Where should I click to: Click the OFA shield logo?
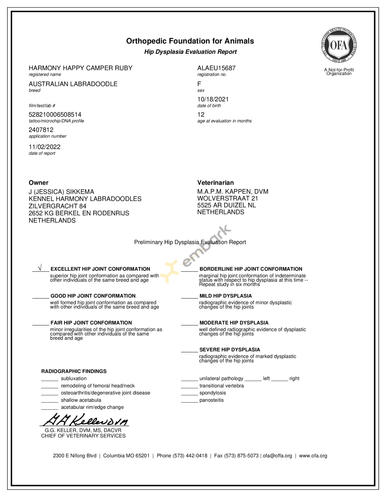(x=339, y=46)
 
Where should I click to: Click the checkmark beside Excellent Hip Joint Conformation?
(x=40, y=268)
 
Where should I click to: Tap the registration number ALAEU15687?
(x=216, y=68)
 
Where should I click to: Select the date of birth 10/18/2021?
(x=213, y=99)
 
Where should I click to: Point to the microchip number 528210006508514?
(x=55, y=114)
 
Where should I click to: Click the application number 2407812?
(x=41, y=130)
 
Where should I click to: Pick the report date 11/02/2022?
(x=45, y=147)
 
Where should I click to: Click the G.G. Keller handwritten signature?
(x=85, y=420)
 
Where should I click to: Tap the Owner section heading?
(x=39, y=183)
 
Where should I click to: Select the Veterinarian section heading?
(x=216, y=183)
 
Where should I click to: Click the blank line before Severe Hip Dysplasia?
(x=189, y=351)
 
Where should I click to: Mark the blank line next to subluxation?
(x=50, y=380)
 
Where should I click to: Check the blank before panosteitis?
(x=189, y=401)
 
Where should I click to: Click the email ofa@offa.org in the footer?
(x=277, y=456)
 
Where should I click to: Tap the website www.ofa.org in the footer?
(x=313, y=456)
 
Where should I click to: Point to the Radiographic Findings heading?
(x=74, y=371)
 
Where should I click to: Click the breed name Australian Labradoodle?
(x=73, y=84)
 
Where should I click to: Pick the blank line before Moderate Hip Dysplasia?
(x=189, y=324)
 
